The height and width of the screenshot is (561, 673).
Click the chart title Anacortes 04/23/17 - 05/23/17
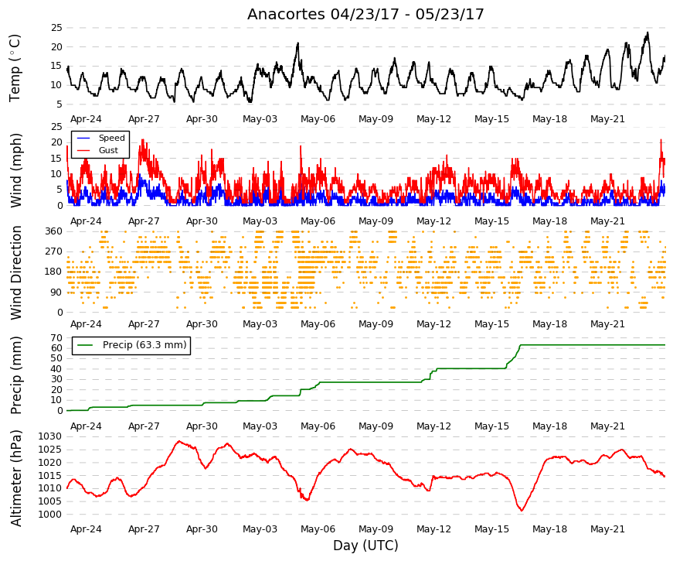(365, 14)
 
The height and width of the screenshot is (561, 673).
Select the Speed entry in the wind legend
(111, 138)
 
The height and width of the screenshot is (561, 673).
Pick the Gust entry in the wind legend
(108, 150)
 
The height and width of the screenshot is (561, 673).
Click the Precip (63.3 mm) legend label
(144, 345)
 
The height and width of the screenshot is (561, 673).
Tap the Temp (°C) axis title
(15, 68)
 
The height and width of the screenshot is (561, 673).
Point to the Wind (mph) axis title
(15, 171)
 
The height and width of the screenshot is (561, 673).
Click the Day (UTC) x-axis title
(365, 546)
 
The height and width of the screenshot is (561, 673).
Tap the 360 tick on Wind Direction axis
(54, 231)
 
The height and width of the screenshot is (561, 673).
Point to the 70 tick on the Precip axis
(57, 338)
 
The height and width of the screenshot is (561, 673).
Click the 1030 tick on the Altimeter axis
(49, 436)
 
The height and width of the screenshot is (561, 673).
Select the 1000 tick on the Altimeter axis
(49, 515)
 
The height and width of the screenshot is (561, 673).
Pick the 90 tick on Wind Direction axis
(57, 292)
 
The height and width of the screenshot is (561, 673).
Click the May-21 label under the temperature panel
(607, 119)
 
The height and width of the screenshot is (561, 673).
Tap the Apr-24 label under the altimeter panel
(86, 529)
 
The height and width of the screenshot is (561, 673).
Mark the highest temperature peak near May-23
(648, 32)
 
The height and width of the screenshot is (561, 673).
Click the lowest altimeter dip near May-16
(522, 510)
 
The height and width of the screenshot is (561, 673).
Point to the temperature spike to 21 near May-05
(298, 43)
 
